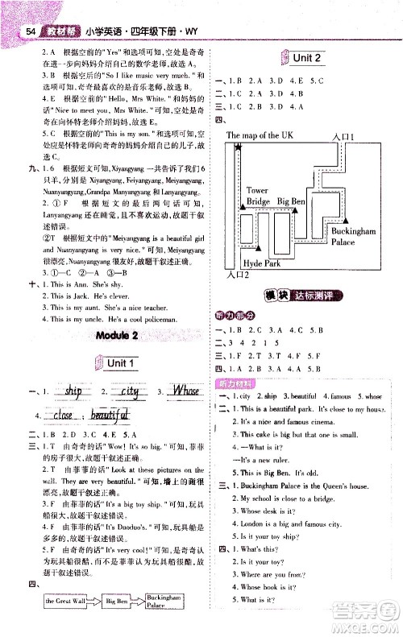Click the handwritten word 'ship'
(x=72, y=391)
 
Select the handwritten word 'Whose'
(x=185, y=391)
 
